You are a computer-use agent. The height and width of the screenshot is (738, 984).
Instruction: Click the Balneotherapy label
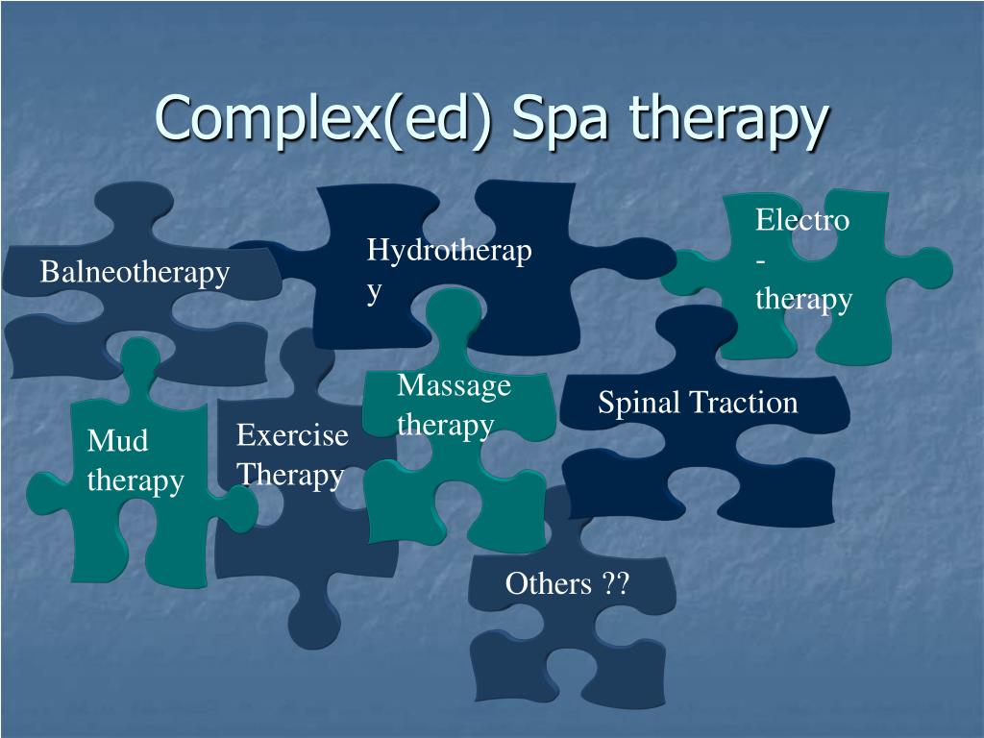tap(135, 273)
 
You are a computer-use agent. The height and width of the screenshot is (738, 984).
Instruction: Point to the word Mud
tap(117, 441)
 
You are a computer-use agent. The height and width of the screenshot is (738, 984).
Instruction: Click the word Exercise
tap(292, 435)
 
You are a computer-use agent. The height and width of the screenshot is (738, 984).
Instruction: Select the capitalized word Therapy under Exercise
tap(290, 475)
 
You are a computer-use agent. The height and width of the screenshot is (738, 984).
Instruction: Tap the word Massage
tap(454, 385)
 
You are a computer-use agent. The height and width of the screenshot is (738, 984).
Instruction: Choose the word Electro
tap(802, 220)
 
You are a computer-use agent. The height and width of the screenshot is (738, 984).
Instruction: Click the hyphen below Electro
tap(761, 260)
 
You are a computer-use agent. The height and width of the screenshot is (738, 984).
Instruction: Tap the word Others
tap(549, 583)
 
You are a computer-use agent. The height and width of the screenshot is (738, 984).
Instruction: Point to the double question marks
tap(616, 583)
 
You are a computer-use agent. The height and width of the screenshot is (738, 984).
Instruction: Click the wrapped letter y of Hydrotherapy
tap(374, 290)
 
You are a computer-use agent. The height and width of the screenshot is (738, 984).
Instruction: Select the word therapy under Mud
tap(135, 480)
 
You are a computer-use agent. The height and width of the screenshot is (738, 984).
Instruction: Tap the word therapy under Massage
tap(446, 425)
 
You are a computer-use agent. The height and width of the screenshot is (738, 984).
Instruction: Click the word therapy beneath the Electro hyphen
tap(803, 299)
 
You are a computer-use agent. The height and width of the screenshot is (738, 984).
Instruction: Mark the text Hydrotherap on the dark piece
tap(449, 251)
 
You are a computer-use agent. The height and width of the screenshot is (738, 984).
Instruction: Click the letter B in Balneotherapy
tap(49, 273)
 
